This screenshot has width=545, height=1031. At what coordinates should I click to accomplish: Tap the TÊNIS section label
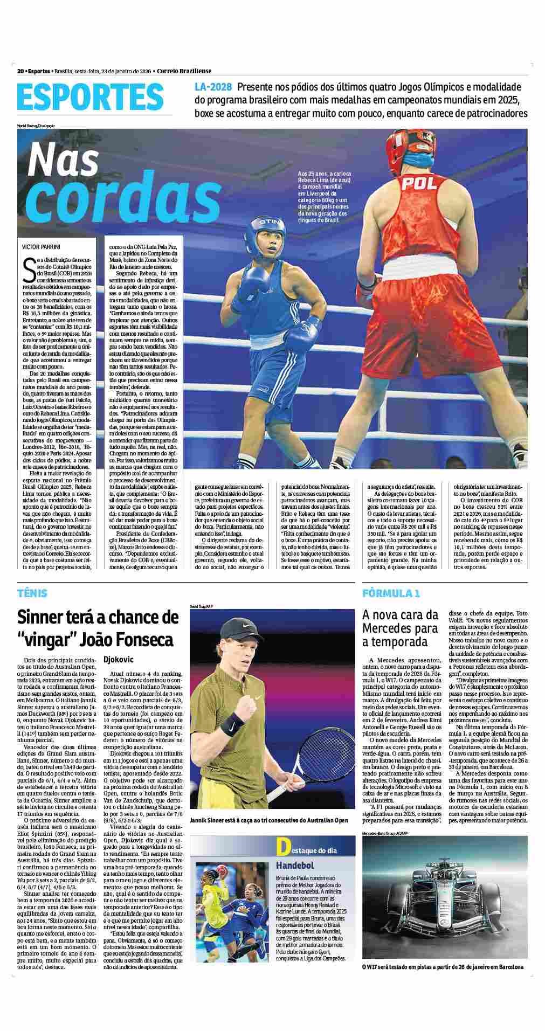coord(32,593)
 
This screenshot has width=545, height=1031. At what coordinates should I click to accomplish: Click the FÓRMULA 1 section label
coord(391,593)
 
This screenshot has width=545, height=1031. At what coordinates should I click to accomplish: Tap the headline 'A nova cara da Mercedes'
coord(400,628)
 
